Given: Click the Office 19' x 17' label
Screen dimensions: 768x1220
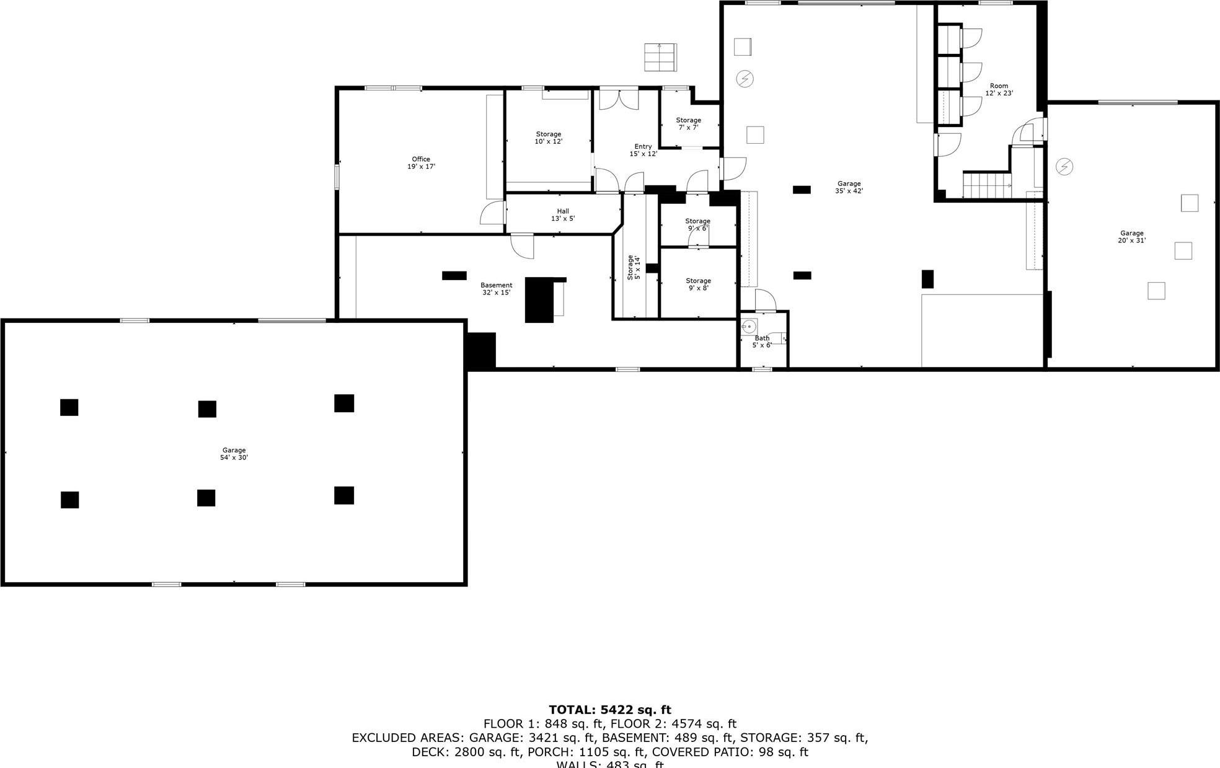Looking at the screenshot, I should pyautogui.click(x=421, y=163).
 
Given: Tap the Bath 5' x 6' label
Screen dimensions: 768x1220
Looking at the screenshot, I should pyautogui.click(x=762, y=342).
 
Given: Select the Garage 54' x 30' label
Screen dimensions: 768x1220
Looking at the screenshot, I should pyautogui.click(x=234, y=454).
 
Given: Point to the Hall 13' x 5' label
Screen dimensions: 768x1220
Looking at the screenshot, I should pyautogui.click(x=563, y=215).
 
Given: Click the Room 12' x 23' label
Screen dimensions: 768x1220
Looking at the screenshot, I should pyautogui.click(x=999, y=90).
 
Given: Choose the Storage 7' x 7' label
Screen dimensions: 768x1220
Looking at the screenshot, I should pyautogui.click(x=688, y=124).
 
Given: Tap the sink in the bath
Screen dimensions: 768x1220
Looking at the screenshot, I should pyautogui.click(x=749, y=326).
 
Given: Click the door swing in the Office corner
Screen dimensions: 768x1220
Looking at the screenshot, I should pyautogui.click(x=492, y=213).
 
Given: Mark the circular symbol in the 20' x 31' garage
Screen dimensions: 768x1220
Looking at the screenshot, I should pyautogui.click(x=1064, y=167).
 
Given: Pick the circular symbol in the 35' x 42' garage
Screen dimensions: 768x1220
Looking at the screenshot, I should pyautogui.click(x=745, y=79).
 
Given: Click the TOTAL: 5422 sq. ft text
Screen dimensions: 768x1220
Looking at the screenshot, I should pyautogui.click(x=609, y=710).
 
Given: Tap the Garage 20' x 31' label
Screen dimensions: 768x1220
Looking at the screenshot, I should pyautogui.click(x=1131, y=237).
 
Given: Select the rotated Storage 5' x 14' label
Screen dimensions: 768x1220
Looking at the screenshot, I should pyautogui.click(x=634, y=267).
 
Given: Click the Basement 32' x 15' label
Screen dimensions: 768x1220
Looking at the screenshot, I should pyautogui.click(x=496, y=289).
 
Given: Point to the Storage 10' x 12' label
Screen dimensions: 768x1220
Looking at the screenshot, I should pyautogui.click(x=548, y=138).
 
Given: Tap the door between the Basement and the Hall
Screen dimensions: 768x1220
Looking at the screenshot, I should pyautogui.click(x=522, y=246).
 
